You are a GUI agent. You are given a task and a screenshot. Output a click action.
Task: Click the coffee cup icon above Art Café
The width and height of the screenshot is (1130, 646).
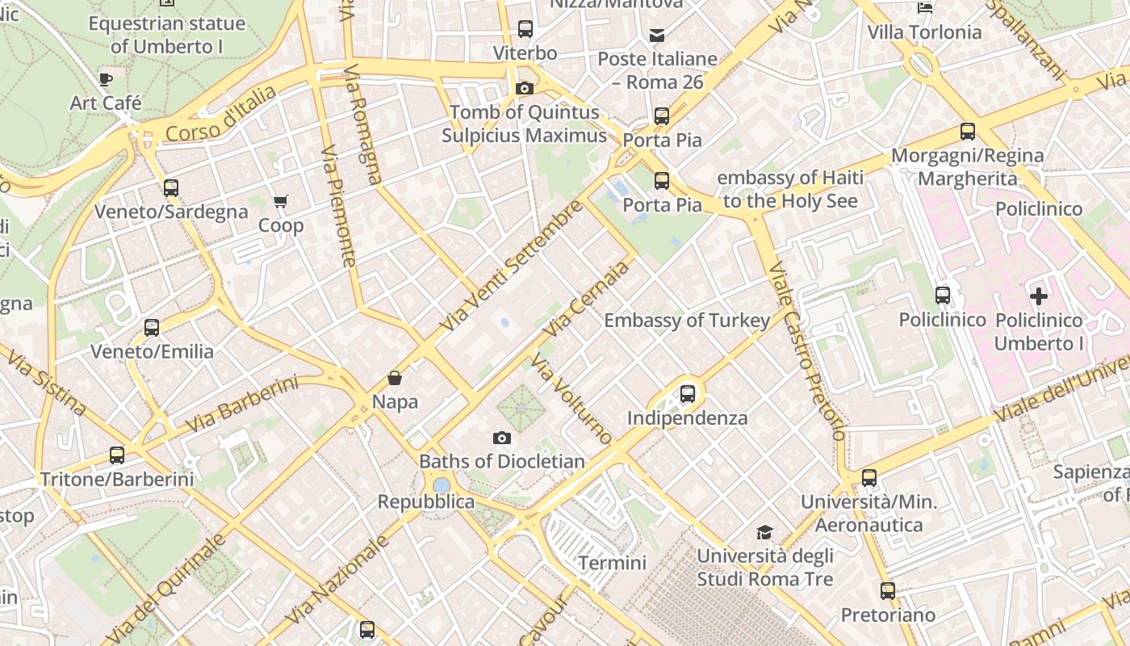106,79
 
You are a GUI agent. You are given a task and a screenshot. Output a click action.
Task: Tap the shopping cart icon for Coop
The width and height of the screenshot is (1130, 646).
280,201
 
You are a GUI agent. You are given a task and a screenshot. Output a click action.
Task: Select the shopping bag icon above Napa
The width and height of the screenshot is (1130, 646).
395,377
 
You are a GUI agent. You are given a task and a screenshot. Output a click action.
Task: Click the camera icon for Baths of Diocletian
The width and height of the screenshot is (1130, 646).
502,438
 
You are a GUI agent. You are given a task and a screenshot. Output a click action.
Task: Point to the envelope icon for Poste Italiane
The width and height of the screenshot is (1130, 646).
657,36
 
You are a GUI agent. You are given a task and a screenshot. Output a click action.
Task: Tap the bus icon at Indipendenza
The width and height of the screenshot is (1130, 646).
688,394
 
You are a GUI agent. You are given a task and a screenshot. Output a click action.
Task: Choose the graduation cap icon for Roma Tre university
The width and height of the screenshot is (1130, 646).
764,532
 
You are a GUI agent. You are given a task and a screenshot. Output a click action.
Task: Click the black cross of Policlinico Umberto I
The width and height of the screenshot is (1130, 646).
1039,296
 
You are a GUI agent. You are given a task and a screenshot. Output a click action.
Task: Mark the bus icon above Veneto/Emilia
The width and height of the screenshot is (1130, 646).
152,328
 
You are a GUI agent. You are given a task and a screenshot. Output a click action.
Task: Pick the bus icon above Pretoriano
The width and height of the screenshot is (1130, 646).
888,591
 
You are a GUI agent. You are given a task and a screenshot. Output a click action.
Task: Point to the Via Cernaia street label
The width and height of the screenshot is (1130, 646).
586,300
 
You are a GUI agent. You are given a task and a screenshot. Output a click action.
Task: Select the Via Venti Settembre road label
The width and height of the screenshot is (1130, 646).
511,266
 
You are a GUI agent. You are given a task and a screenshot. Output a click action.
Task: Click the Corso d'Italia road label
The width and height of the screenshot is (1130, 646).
220,115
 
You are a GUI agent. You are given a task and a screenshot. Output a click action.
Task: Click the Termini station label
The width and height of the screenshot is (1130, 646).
613,562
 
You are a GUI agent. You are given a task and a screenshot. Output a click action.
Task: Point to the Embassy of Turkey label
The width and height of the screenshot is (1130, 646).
687,321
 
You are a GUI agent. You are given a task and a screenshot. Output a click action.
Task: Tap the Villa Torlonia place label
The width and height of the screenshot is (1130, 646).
924,32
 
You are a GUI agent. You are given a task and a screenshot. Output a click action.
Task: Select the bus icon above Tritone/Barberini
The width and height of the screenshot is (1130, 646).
117,455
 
